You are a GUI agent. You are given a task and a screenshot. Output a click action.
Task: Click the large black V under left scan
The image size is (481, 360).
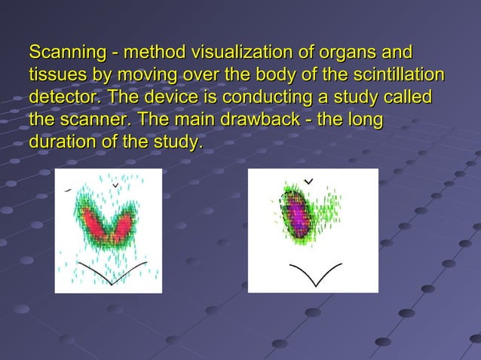(112, 276)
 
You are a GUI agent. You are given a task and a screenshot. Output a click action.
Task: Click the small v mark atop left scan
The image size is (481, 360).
(115, 184)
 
